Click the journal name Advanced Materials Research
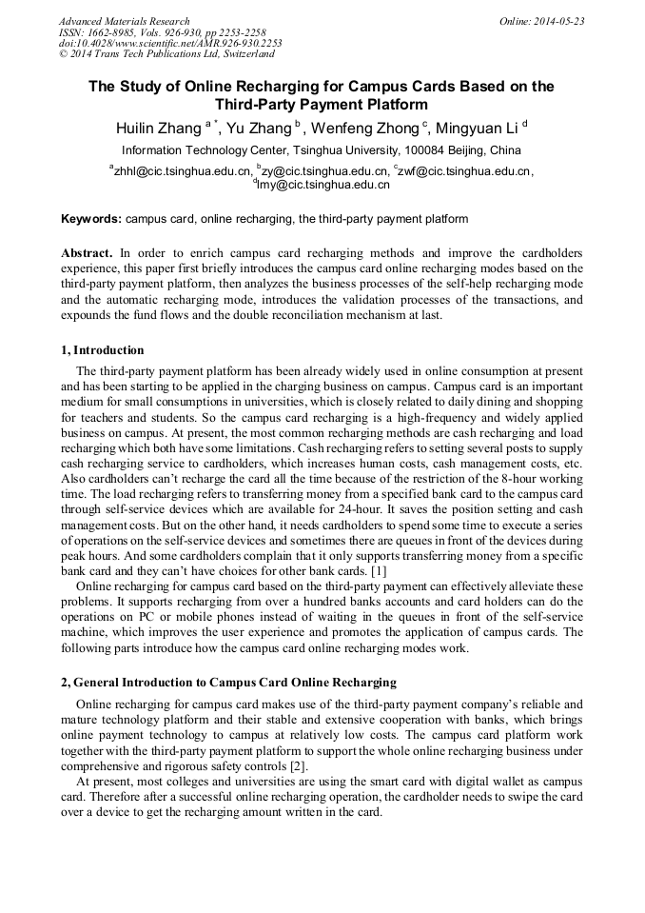tap(125, 21)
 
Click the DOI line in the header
tap(170, 44)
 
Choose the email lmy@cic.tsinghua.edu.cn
tap(323, 185)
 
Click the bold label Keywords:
tap(91, 219)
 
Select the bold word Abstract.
tap(87, 253)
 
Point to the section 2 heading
tap(228, 683)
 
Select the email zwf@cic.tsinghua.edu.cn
tap(464, 171)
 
